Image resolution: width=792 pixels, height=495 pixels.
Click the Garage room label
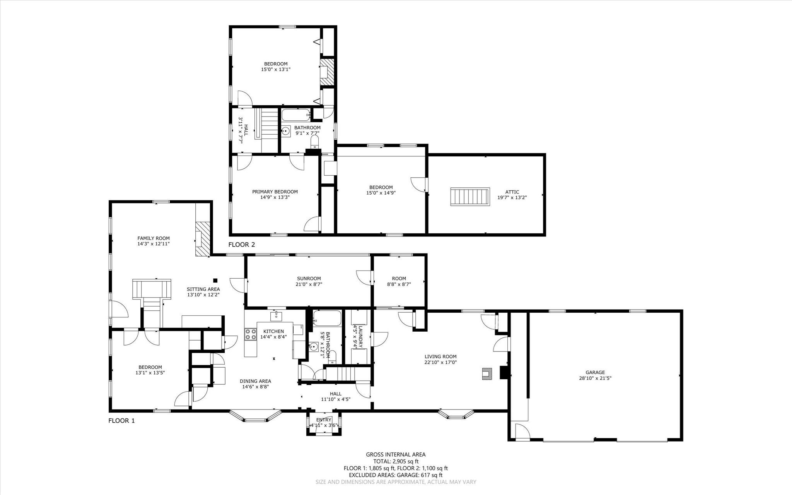click(595, 372)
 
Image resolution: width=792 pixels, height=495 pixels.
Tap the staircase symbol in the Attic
click(470, 197)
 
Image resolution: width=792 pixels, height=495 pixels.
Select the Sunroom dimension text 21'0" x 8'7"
click(309, 284)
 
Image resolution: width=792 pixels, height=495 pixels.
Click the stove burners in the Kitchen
click(251, 334)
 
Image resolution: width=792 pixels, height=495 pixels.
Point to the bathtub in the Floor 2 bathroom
click(296, 115)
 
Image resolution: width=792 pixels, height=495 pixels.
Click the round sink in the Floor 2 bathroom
click(285, 131)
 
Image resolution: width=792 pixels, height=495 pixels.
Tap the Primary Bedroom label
click(275, 192)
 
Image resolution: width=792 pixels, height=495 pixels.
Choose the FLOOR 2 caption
click(241, 245)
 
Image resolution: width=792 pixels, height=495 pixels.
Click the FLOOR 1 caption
click(121, 421)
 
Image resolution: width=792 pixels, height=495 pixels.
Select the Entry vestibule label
click(324, 420)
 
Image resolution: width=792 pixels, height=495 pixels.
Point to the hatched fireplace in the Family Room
click(202, 239)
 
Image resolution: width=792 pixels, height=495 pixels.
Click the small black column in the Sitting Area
click(215, 281)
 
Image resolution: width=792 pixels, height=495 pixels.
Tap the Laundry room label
click(360, 337)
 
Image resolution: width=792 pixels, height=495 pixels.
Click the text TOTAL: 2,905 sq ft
click(396, 461)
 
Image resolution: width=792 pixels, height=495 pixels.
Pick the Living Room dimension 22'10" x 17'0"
click(440, 363)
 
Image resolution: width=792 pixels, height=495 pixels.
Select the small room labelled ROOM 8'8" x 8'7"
click(399, 281)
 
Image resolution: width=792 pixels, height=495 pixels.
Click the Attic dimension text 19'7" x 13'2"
click(512, 197)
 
